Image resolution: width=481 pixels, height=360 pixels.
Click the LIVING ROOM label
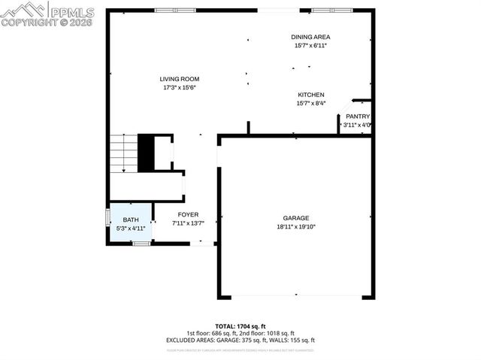click(179, 79)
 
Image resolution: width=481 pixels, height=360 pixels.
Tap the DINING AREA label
click(310, 37)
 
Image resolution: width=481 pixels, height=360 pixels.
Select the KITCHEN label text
click(310, 95)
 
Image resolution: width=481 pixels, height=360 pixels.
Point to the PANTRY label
click(358, 116)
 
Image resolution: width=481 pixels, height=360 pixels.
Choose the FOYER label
click(188, 215)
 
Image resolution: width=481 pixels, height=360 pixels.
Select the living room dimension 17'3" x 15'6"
click(179, 87)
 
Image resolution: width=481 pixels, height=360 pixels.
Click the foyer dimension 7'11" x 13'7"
click(188, 223)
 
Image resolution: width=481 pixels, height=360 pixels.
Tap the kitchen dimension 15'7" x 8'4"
click(310, 103)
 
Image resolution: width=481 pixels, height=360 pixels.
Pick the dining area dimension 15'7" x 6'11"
click(310, 45)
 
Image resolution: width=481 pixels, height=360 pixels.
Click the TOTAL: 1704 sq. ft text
click(240, 326)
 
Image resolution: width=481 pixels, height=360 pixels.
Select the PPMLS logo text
click(72, 12)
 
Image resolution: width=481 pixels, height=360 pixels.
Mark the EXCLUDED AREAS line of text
click(240, 340)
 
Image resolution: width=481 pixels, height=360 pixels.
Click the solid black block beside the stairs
click(146, 153)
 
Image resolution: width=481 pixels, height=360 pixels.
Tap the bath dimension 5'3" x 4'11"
click(131, 228)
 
